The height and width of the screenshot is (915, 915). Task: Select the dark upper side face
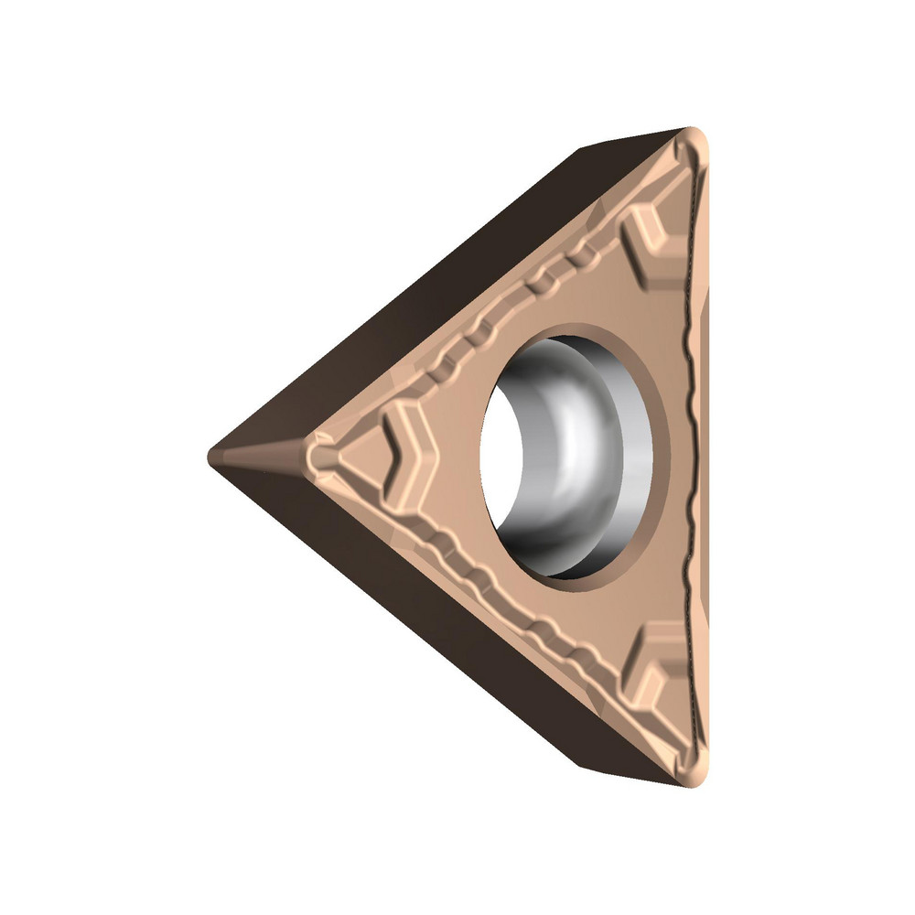point(439,274)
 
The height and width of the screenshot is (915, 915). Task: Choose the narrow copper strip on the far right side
point(703,457)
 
